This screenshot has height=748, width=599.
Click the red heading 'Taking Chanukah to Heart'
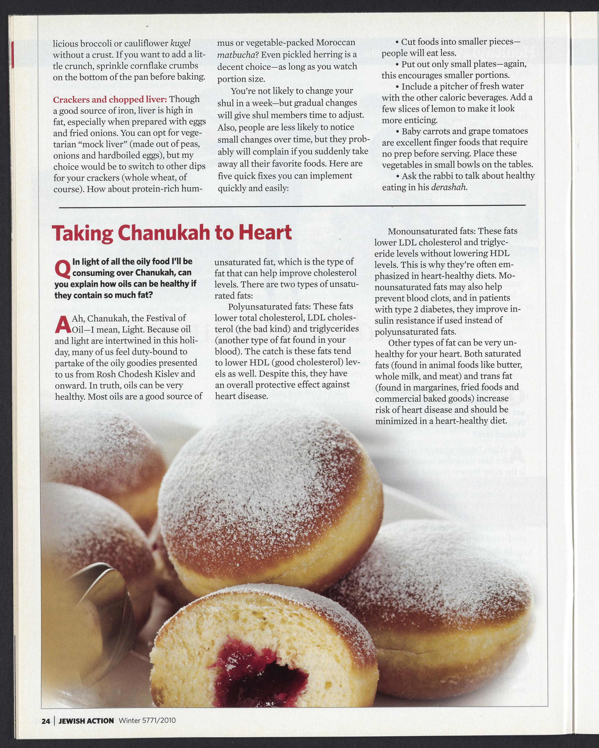click(171, 233)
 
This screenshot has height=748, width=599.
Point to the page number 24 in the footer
click(46, 721)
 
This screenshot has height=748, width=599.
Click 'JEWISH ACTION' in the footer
click(86, 721)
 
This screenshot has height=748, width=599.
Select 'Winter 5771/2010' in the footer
click(147, 721)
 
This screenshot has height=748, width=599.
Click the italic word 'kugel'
click(181, 43)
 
